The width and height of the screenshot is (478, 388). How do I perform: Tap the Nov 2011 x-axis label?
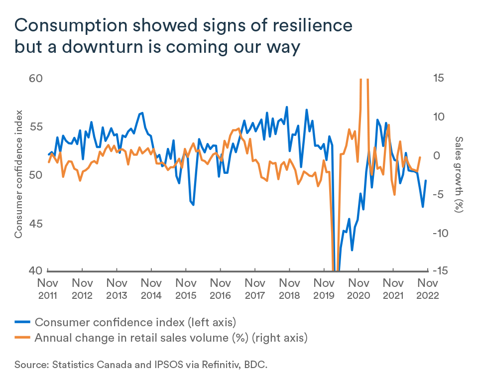click(48, 288)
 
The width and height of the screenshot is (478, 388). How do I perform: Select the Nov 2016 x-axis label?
click(220, 288)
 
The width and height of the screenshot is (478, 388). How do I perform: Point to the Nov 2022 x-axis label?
click(427, 288)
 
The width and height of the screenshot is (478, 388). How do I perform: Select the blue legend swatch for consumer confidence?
click(23, 321)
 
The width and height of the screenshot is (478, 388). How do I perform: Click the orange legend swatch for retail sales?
click(23, 338)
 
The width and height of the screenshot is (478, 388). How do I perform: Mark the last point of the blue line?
click(426, 180)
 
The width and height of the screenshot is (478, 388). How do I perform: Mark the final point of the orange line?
click(420, 157)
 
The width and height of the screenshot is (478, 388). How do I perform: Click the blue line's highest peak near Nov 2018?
click(287, 107)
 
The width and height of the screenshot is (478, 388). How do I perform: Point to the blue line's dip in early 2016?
click(193, 205)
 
